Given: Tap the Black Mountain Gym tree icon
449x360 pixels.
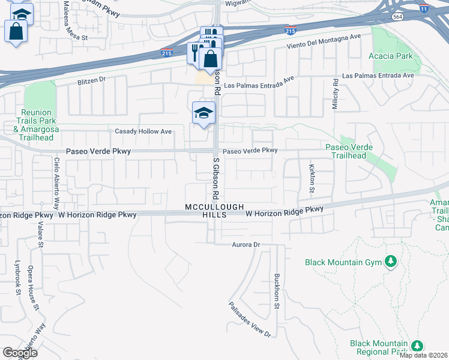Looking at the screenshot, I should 391,262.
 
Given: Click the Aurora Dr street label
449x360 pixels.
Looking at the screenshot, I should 246,245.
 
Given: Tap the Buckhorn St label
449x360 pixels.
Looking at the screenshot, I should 277,290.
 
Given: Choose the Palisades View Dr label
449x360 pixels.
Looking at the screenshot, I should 250,319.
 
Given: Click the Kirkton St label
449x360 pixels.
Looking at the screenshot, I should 312,178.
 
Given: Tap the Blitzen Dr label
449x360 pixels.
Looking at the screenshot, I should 91,79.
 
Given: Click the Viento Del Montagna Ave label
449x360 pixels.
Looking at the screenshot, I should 323,41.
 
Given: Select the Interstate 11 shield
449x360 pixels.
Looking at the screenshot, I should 424,9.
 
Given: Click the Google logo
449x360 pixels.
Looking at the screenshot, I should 20,353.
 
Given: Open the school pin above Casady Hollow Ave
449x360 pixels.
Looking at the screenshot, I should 203,113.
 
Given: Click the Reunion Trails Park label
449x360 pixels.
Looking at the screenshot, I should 36,121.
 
